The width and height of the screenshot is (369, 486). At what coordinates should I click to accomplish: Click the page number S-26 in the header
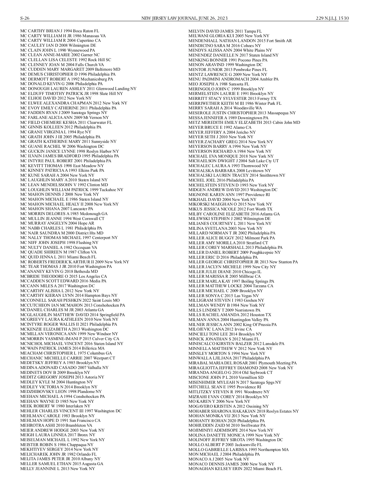(25, 18)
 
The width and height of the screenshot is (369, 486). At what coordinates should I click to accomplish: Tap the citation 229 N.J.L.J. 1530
(332, 18)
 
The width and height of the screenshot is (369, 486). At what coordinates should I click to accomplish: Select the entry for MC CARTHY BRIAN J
(60, 31)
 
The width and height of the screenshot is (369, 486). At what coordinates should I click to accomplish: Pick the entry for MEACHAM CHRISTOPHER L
(66, 353)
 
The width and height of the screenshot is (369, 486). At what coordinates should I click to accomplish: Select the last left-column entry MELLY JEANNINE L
(58, 468)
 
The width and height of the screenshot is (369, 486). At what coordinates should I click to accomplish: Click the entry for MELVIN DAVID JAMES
(225, 31)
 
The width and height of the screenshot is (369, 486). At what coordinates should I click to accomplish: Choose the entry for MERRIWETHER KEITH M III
(235, 103)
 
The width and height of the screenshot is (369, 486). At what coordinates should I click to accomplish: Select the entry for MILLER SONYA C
(228, 296)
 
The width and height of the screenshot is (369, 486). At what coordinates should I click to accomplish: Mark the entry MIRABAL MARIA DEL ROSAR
(242, 363)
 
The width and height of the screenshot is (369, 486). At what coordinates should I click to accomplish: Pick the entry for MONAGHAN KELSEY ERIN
(235, 468)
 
